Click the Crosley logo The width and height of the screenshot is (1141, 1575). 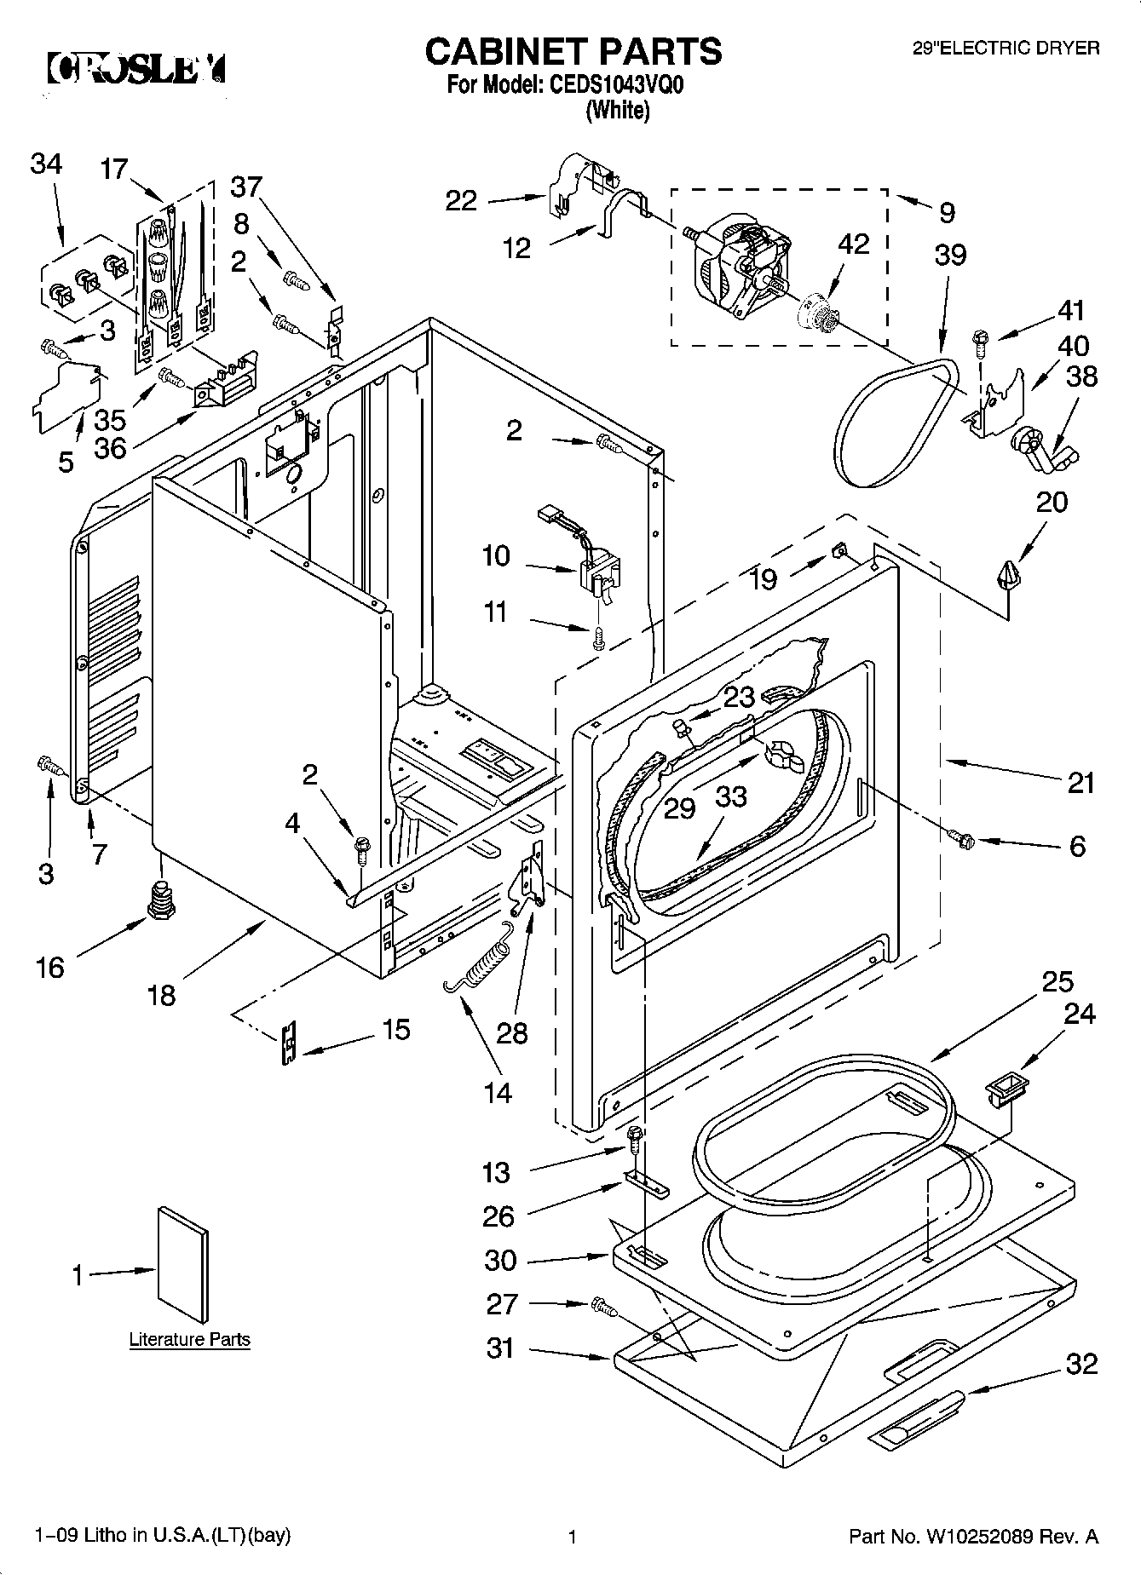[x=136, y=68]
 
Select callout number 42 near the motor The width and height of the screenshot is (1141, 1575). [x=853, y=244]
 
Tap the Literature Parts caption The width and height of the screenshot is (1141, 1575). [x=189, y=1339]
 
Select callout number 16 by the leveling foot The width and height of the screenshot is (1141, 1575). [x=50, y=967]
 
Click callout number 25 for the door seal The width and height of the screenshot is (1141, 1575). [x=1057, y=982]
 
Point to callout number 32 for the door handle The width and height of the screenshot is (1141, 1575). [x=1082, y=1364]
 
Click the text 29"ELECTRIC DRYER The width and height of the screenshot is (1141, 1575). [x=1006, y=49]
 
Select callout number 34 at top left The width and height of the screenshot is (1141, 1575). [x=46, y=164]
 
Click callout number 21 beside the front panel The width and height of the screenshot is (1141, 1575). [x=1080, y=782]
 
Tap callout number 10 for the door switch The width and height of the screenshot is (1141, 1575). [x=496, y=556]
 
